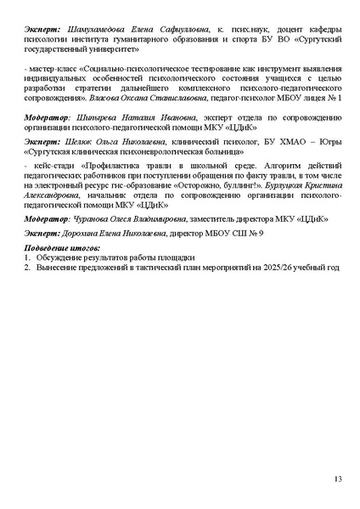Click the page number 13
[x=338, y=480]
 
